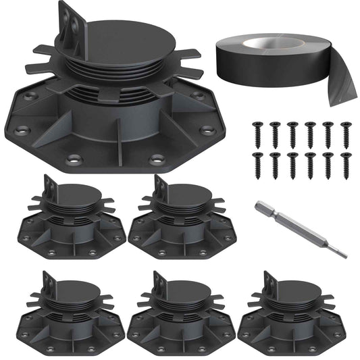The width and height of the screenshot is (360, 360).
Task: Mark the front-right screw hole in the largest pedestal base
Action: point(157,159)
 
